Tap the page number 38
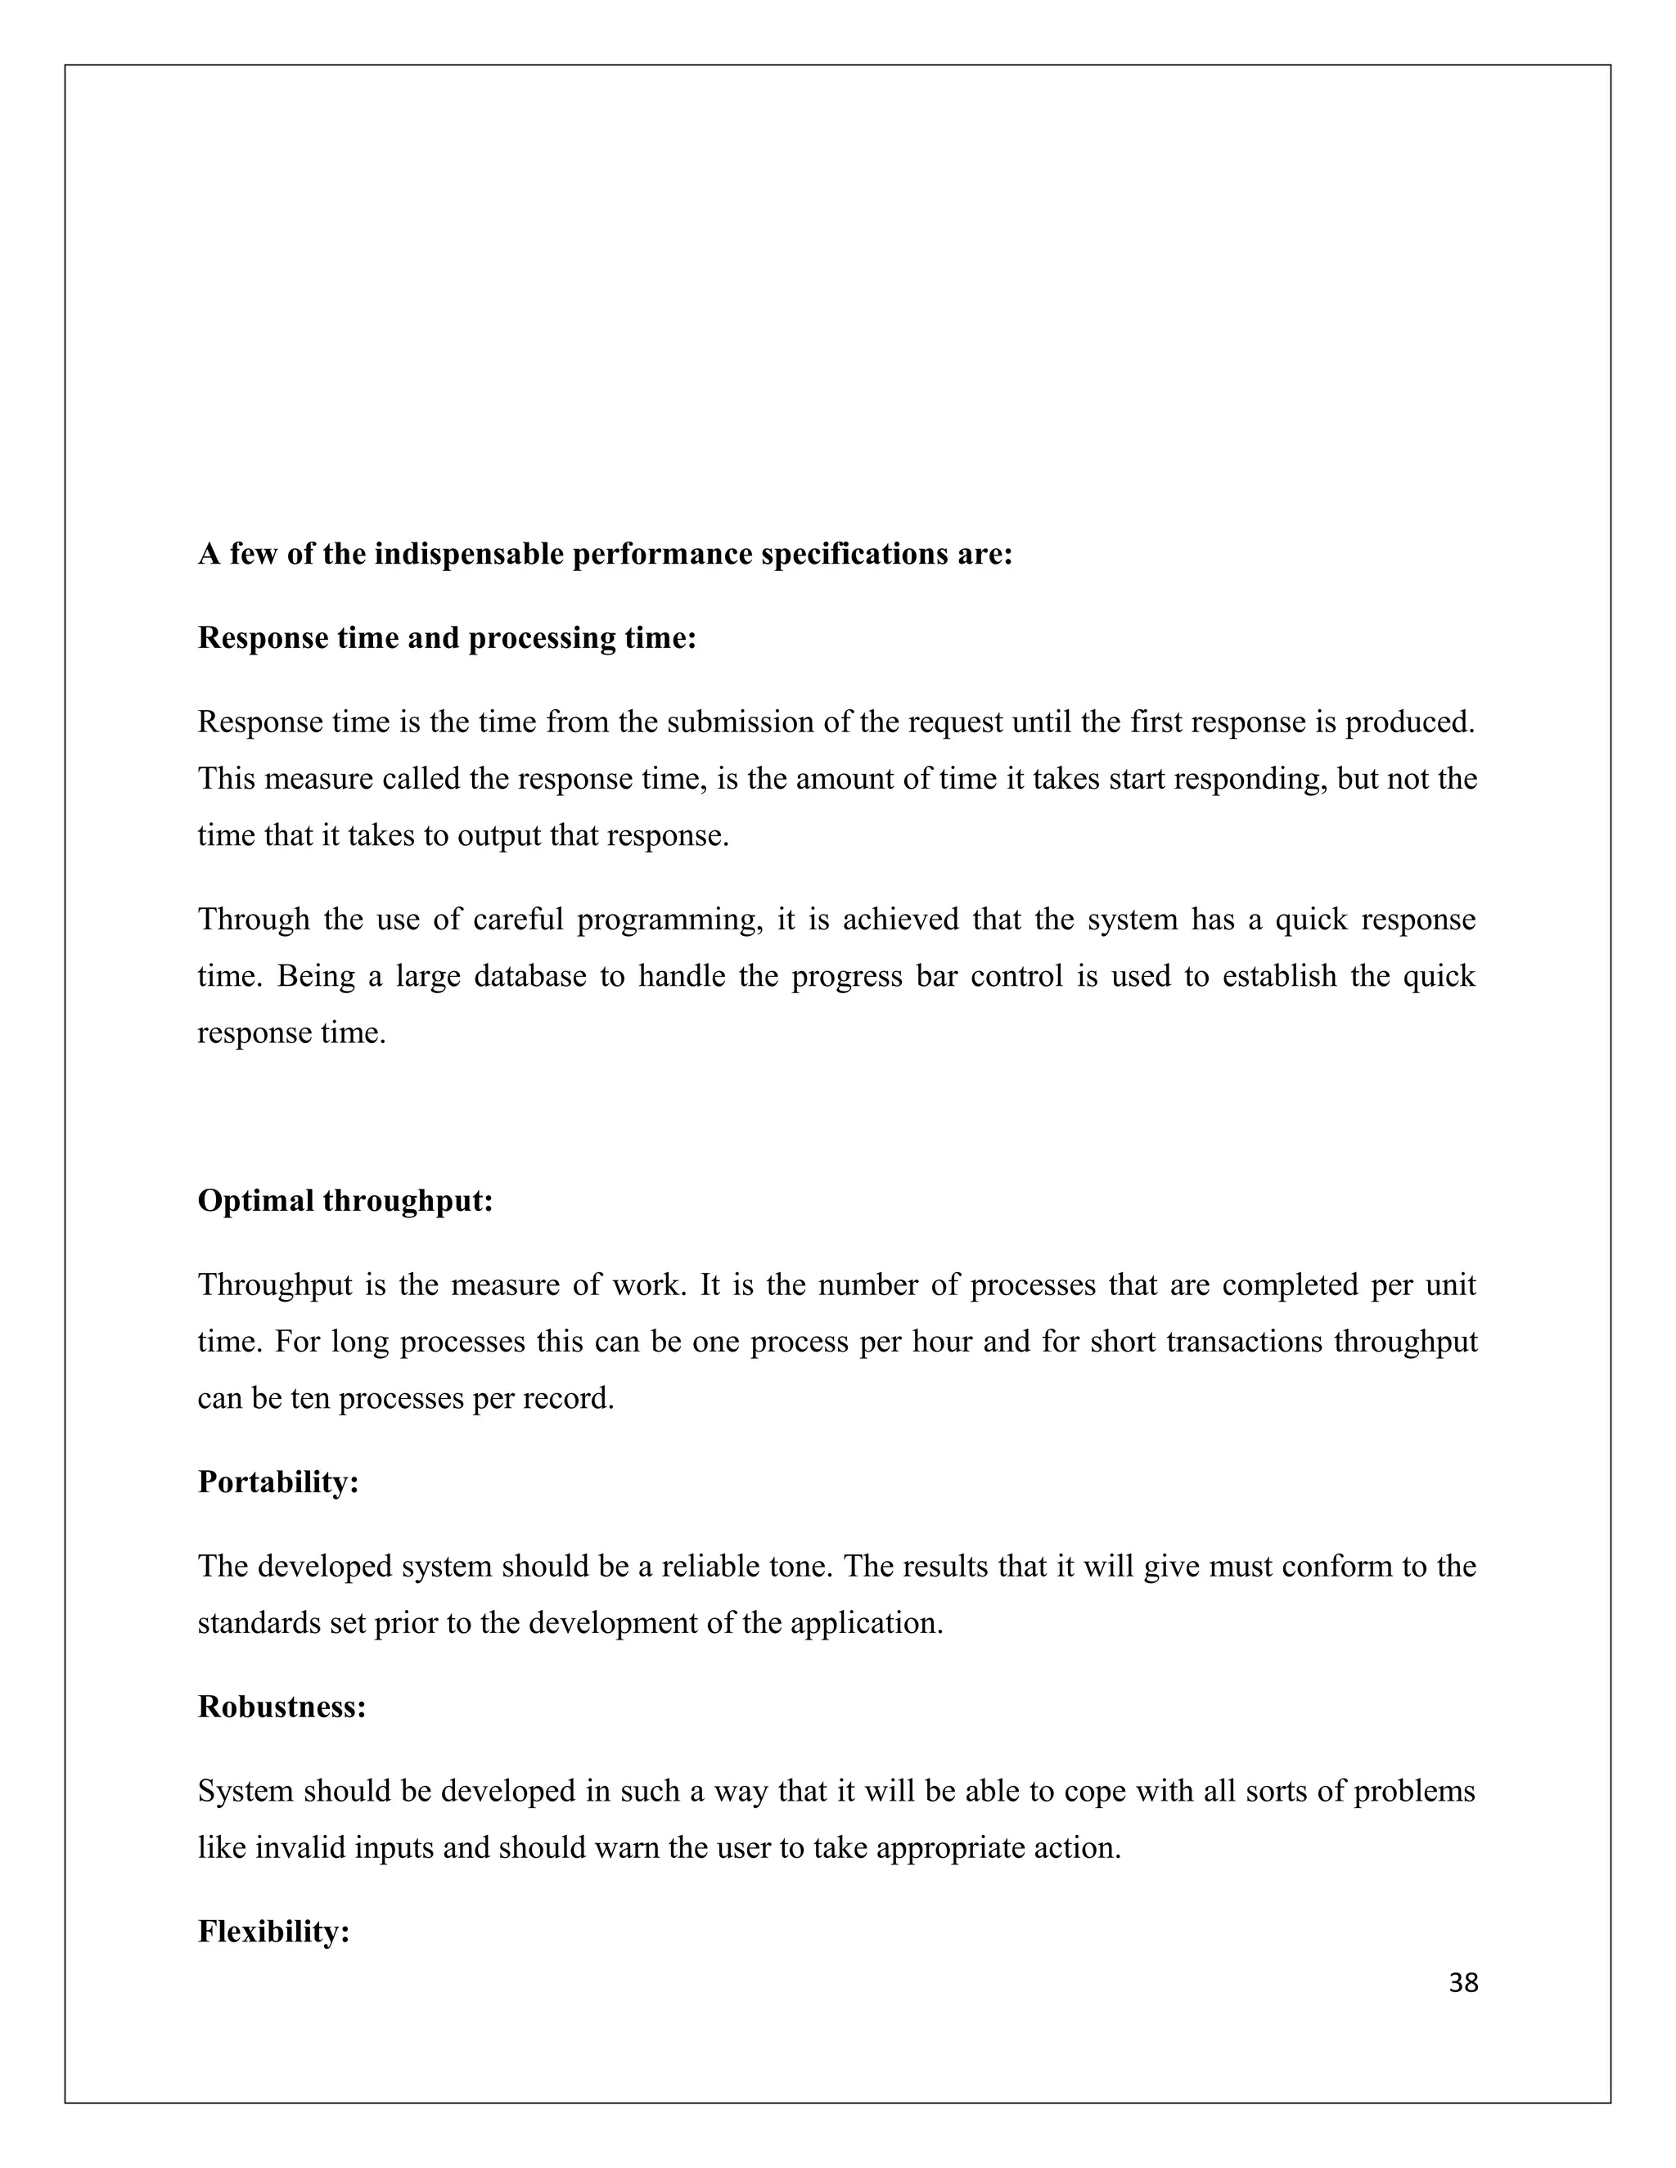pyautogui.click(x=1463, y=1983)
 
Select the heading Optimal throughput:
pyautogui.click(x=345, y=1201)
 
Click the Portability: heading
pyautogui.click(x=278, y=1482)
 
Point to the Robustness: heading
pyautogui.click(x=282, y=1707)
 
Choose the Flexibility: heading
pyautogui.click(x=274, y=1932)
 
